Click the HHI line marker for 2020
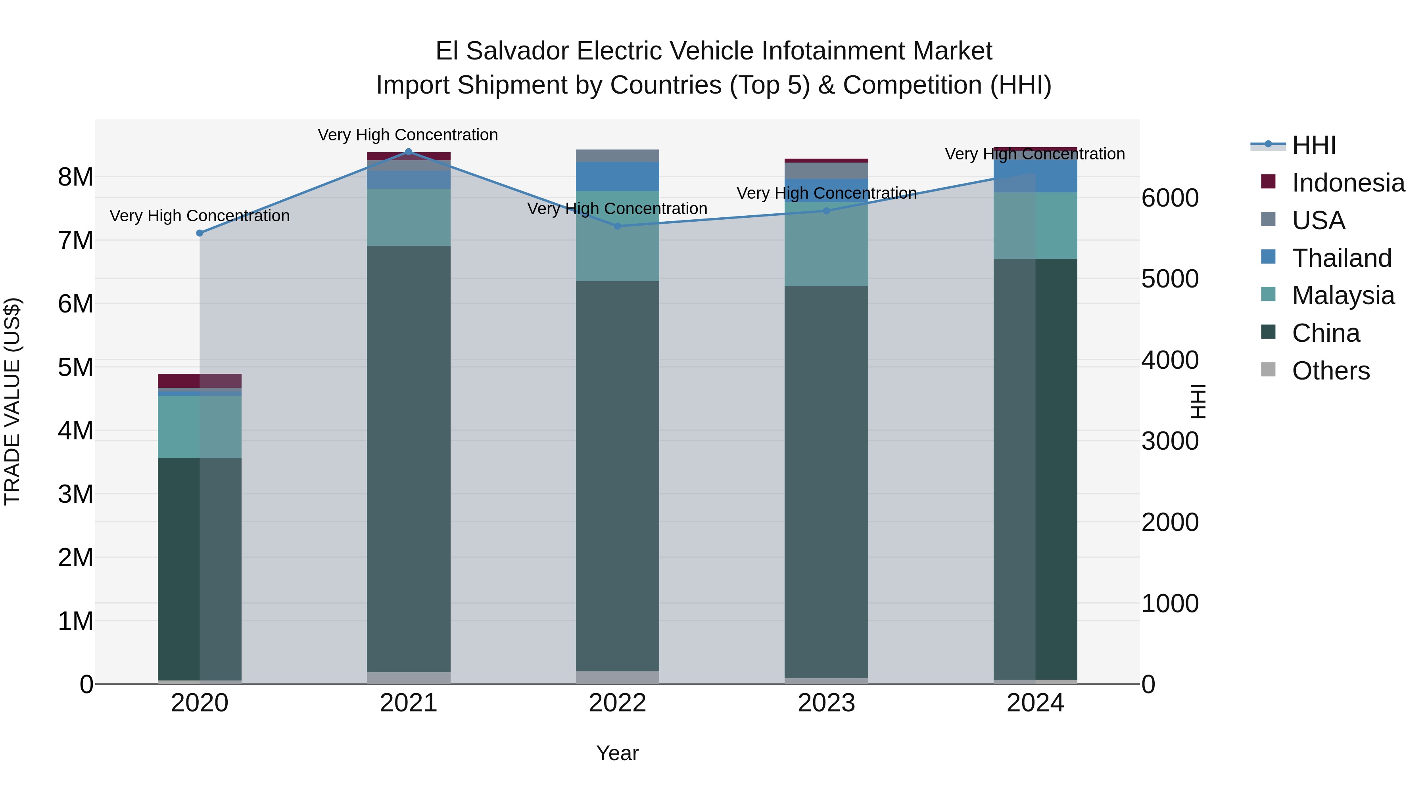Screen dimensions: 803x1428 click(200, 233)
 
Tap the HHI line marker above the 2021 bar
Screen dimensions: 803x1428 click(409, 152)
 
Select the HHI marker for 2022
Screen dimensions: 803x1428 click(618, 226)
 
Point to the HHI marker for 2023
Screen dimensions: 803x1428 click(827, 211)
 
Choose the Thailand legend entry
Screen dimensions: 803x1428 click(1342, 258)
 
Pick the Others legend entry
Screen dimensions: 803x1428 click(1330, 371)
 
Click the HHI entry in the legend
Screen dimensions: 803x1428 click(1314, 145)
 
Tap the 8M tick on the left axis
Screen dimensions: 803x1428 click(75, 177)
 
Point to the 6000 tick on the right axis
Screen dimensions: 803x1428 click(1170, 198)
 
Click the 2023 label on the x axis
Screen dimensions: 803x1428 click(827, 703)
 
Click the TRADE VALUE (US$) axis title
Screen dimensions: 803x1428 click(12, 401)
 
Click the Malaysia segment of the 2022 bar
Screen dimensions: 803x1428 click(618, 236)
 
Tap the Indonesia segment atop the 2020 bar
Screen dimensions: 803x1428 click(200, 381)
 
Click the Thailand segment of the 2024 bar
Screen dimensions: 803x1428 click(1035, 176)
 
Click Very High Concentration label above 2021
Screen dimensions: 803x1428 click(408, 135)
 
